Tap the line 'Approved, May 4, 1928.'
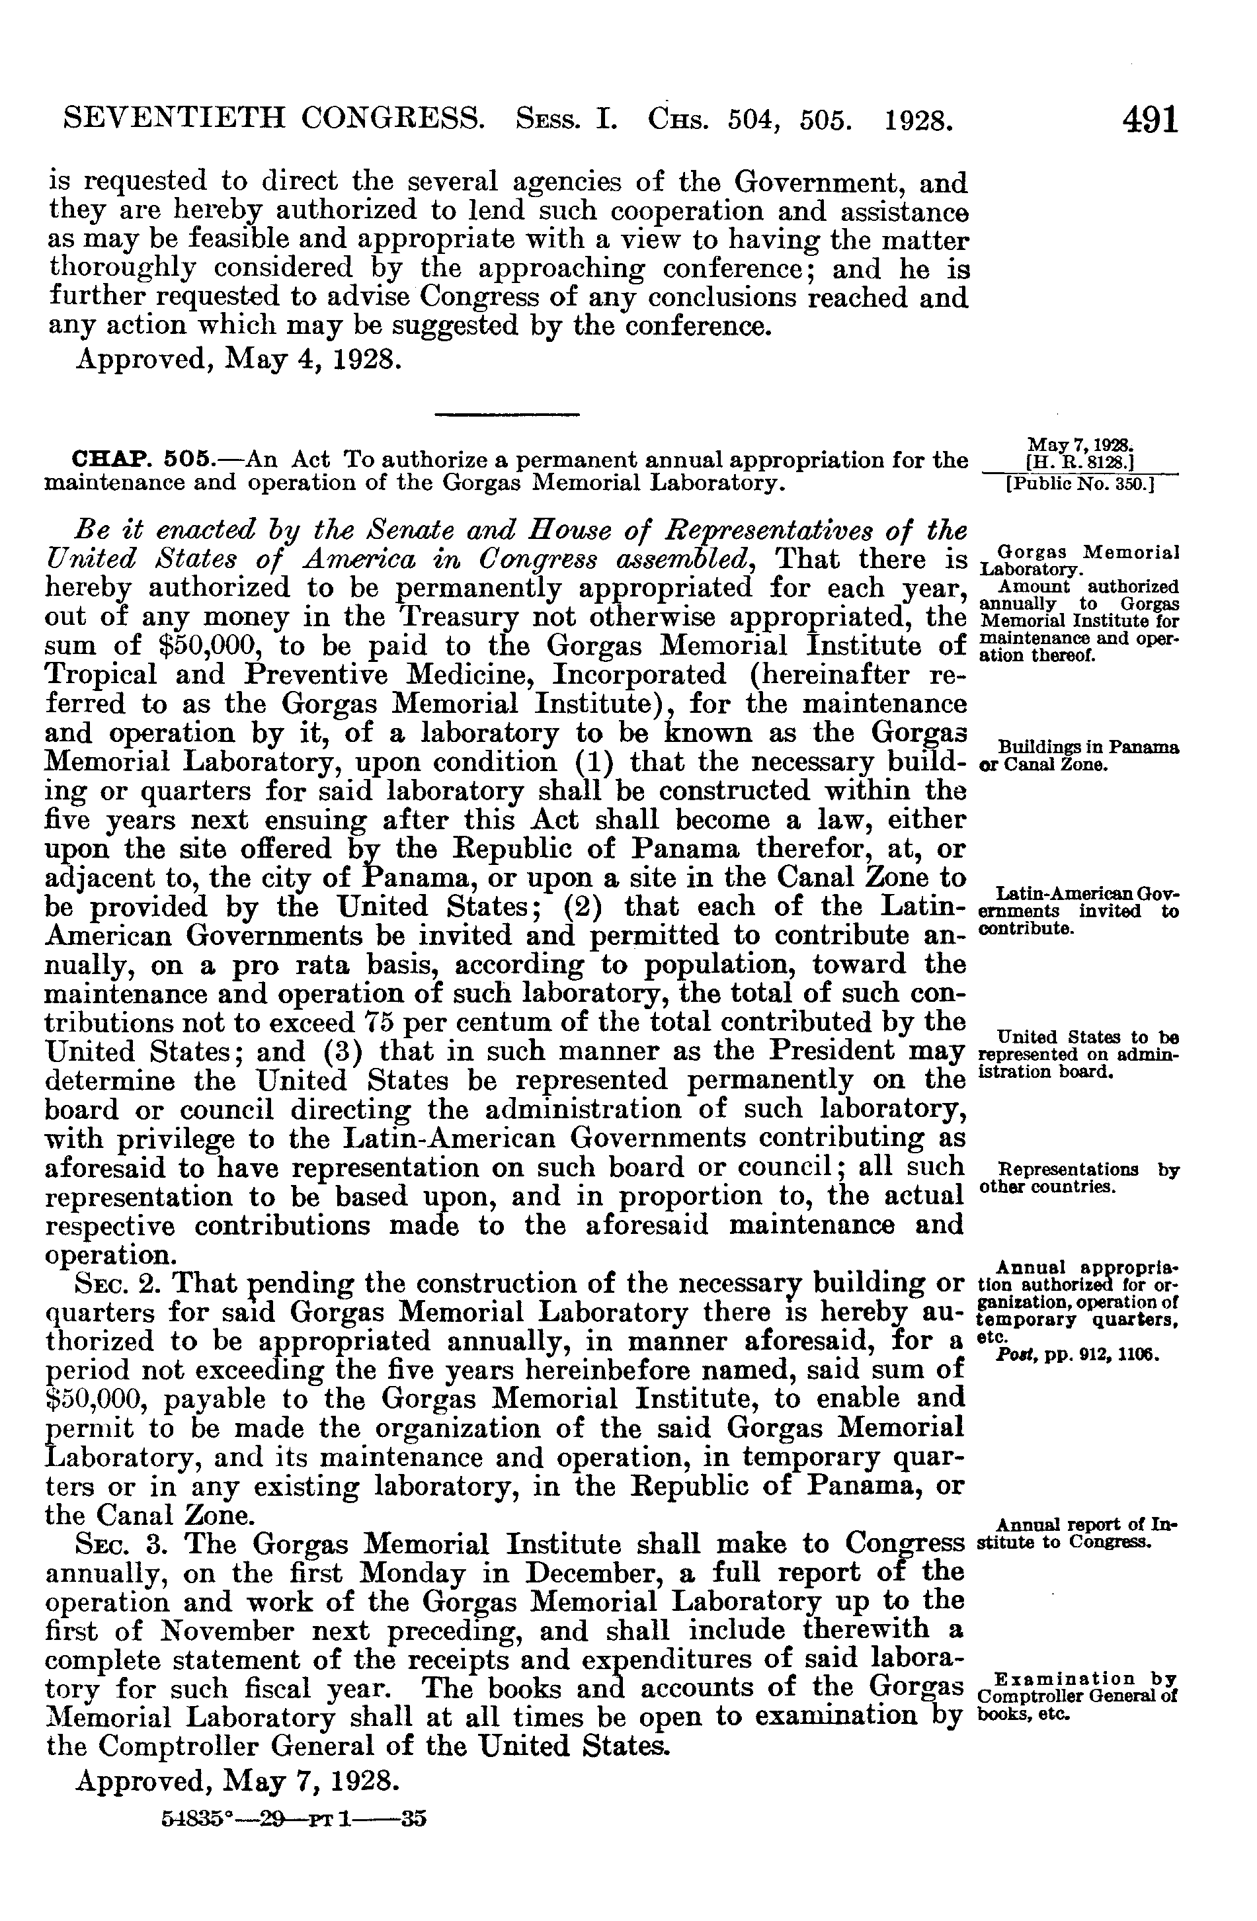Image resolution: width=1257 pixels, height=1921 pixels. pos(239,358)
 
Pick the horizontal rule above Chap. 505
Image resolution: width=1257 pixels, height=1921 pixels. pos(507,415)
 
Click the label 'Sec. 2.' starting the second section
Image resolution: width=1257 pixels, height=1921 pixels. pos(120,1283)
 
